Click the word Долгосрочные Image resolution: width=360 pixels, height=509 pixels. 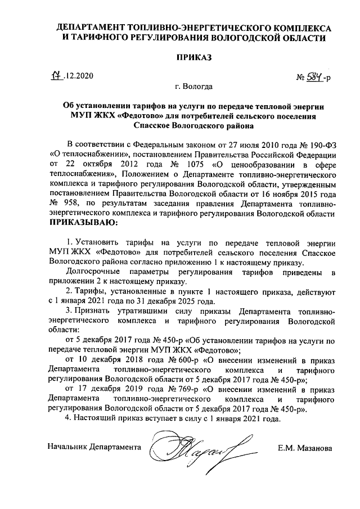[95, 273]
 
